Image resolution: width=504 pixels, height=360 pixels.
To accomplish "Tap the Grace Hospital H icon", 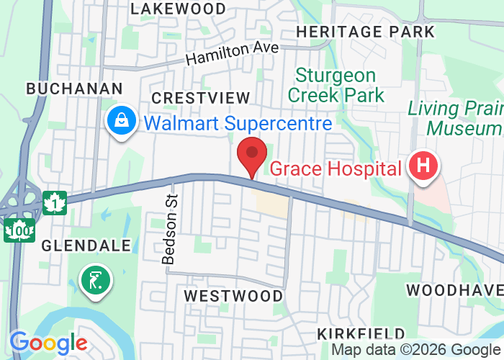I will pos(423,166).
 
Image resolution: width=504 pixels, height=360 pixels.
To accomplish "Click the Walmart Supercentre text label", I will pos(238,122).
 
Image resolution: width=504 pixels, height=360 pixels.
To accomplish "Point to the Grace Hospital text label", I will pos(335,169).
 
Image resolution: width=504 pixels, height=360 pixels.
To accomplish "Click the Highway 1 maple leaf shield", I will pos(55,203).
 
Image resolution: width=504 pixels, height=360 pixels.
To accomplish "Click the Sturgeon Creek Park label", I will pos(336,85).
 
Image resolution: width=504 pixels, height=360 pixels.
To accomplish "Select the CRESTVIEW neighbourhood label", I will pos(200,97).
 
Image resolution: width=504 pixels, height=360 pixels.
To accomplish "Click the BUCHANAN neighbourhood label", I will pos(74,88).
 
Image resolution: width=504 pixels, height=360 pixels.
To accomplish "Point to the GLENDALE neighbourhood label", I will pos(86,246).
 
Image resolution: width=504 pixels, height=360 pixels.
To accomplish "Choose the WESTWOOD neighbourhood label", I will pos(233,296).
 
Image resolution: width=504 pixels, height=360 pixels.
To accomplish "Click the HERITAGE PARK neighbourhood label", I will pos(365,32).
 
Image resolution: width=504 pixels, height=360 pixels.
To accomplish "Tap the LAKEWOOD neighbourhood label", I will pos(179,9).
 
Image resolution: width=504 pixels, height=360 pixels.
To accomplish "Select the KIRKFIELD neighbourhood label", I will pos(361,333).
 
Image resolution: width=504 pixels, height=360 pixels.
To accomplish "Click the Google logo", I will pos(48,343).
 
